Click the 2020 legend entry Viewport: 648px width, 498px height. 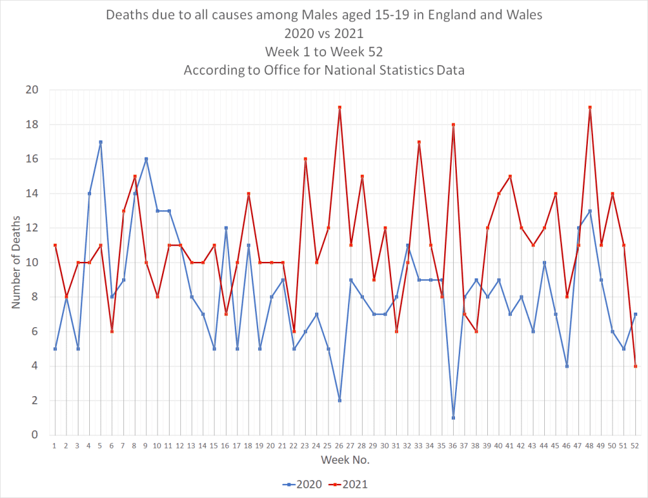(302, 484)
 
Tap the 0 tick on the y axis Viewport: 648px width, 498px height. (35, 435)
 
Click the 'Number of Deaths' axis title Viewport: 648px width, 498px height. (16, 263)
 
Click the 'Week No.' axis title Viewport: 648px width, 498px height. (345, 459)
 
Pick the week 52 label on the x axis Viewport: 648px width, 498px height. (635, 445)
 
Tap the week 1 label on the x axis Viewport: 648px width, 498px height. (55, 445)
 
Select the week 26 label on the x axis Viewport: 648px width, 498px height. (340, 445)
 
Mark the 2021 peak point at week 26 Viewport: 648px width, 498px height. (340, 108)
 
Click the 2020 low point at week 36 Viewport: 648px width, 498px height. (453, 418)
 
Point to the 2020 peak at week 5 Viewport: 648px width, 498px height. (101, 142)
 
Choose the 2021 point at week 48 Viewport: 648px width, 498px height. (590, 108)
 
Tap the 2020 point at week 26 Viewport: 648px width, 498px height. (340, 401)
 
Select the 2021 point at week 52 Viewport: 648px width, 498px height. (635, 366)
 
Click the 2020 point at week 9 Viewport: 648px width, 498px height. (146, 159)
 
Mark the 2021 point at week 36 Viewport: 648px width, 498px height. (453, 125)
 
